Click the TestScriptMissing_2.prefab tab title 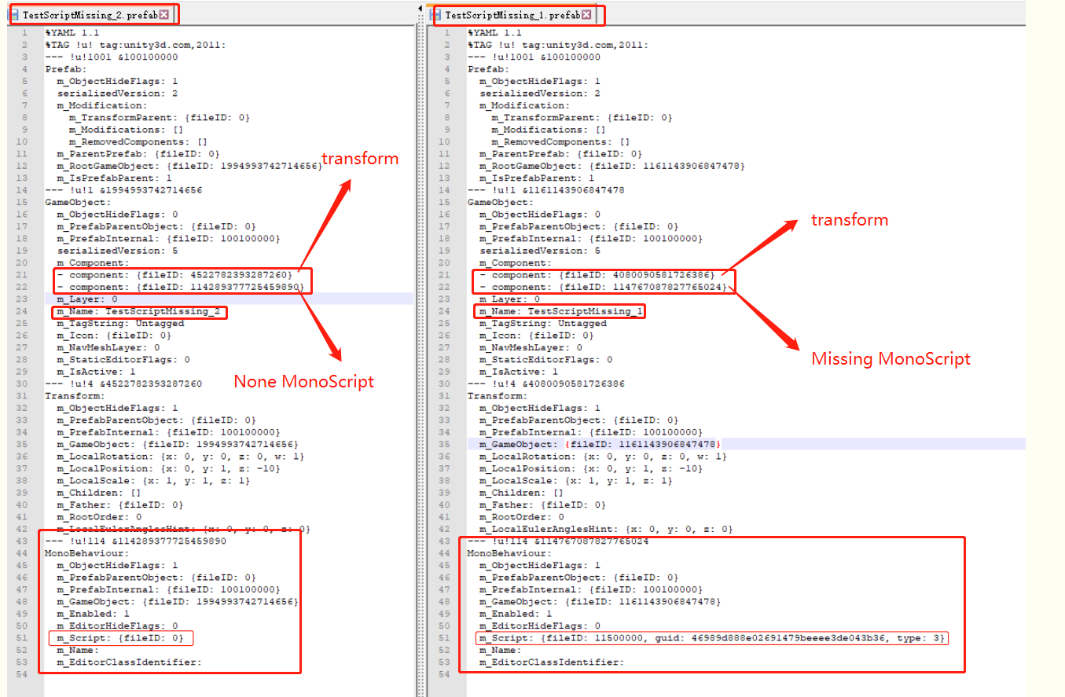[90, 14]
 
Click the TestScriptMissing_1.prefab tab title [512, 15]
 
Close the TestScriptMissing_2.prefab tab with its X [163, 14]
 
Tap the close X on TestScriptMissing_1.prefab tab [586, 15]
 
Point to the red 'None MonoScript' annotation [303, 382]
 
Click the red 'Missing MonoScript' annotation [891, 359]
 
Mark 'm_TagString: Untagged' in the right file [543, 324]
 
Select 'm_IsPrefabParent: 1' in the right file [534, 178]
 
